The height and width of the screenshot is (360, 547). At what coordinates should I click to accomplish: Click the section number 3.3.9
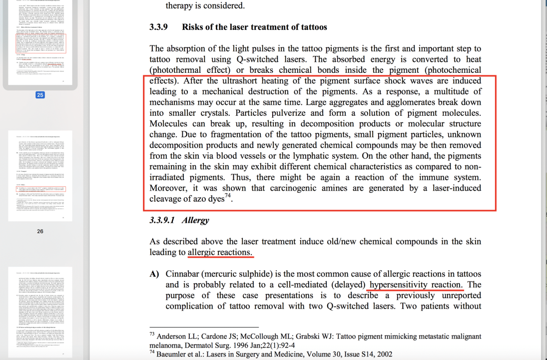tap(160, 27)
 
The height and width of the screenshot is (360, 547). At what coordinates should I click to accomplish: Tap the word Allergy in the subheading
tap(195, 220)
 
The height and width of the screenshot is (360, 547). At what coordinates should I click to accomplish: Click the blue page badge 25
tap(40, 95)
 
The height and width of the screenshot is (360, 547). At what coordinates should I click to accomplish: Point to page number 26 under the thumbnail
tap(40, 231)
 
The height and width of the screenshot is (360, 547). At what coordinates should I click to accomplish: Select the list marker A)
tap(154, 274)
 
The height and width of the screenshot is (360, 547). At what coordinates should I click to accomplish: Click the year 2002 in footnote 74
tap(383, 354)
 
